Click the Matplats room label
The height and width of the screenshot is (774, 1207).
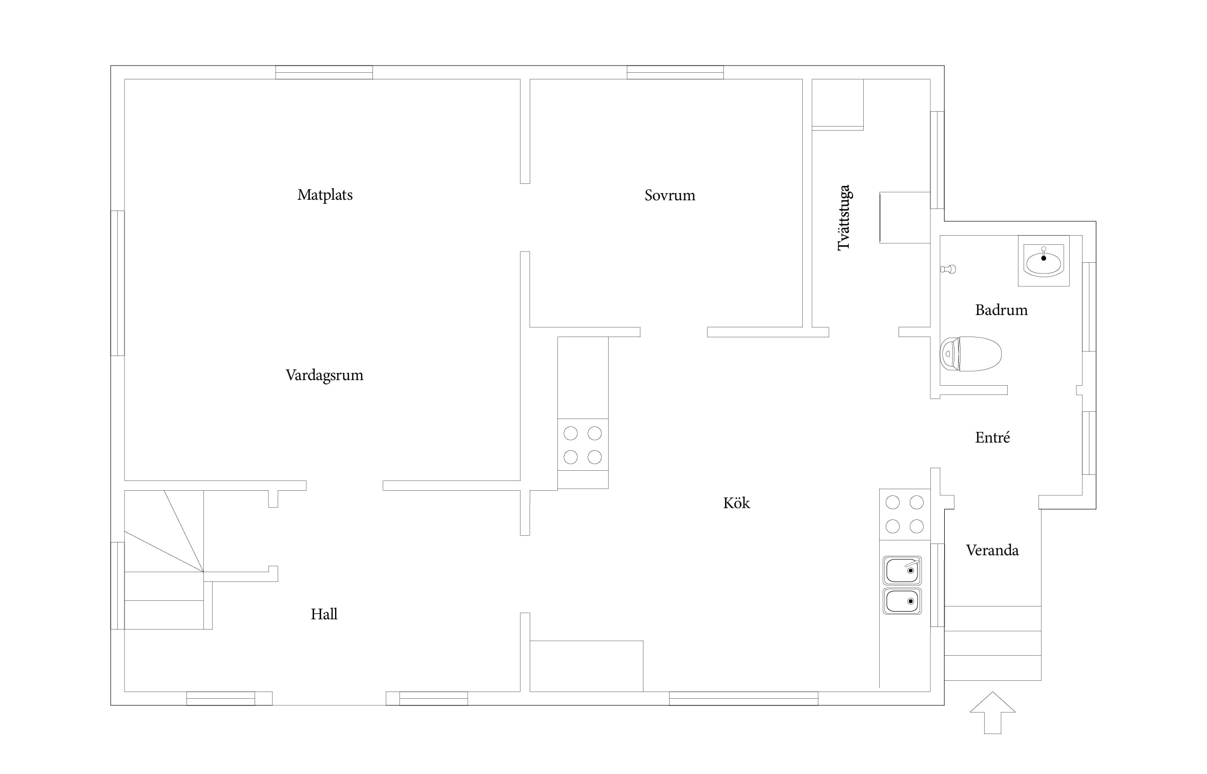[x=325, y=195]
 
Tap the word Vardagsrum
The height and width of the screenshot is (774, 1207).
[x=324, y=375]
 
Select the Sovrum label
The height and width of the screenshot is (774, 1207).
[x=670, y=195]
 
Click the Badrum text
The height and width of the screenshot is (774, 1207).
[x=1001, y=310]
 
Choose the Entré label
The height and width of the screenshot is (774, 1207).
[x=992, y=437]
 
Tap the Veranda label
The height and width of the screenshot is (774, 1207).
[x=992, y=550]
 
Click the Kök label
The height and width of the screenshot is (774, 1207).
[x=736, y=503]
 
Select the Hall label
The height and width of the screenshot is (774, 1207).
[x=324, y=614]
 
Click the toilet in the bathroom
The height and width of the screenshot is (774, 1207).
[x=971, y=353]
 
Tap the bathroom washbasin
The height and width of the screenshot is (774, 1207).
[x=1044, y=261]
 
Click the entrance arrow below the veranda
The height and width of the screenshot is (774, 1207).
[x=992, y=713]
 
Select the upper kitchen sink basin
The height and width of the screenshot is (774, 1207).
[x=902, y=570]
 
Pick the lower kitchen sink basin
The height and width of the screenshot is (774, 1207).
[x=902, y=601]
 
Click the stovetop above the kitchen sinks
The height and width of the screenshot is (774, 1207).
[x=905, y=514]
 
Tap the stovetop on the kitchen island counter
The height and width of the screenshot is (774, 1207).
[x=582, y=445]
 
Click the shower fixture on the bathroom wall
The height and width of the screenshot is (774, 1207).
[x=948, y=269]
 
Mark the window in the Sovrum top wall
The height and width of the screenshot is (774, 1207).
[x=675, y=72]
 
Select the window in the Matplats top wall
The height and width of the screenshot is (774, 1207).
[x=324, y=72]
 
